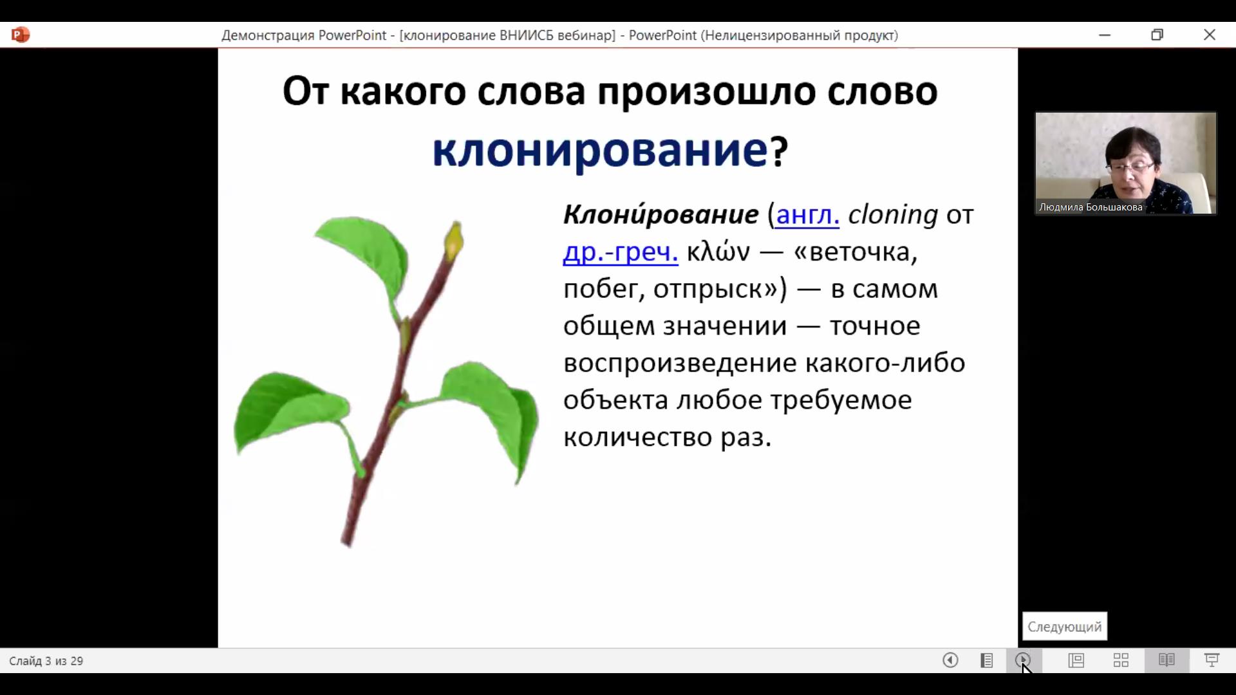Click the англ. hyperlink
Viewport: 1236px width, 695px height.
point(808,215)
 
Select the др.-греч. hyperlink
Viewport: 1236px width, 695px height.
point(621,252)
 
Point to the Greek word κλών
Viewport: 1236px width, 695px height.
point(718,252)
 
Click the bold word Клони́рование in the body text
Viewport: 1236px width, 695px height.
point(661,214)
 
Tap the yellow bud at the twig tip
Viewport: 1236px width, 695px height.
point(454,241)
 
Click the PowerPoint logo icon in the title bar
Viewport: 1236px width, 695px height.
point(21,35)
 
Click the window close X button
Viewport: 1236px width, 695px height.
point(1210,35)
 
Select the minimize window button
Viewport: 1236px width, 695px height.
point(1105,35)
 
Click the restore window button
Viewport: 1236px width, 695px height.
point(1157,35)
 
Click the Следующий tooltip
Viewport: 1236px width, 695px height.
point(1065,626)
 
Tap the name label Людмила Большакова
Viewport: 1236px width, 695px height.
point(1091,207)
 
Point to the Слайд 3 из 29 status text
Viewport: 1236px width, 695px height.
point(46,661)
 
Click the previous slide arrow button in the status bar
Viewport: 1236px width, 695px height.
point(950,660)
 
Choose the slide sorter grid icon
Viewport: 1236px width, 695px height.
point(1121,660)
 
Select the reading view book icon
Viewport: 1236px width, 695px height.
point(1166,660)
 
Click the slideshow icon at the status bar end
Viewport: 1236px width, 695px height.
point(1212,660)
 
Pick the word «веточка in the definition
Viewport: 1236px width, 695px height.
point(856,252)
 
